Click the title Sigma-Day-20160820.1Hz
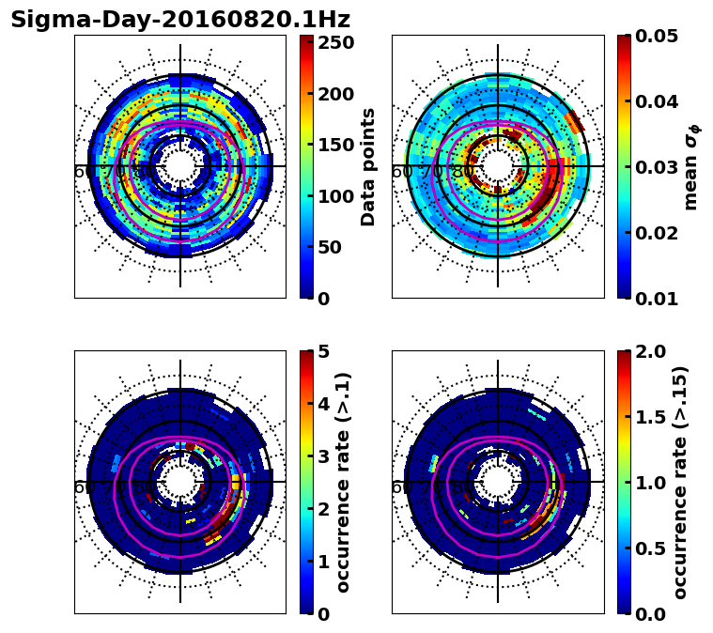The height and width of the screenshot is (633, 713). point(180,20)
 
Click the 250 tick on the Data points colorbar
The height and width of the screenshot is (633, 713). point(335,42)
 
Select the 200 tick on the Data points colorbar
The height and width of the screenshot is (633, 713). point(335,94)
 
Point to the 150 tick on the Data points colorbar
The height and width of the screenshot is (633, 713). point(335,146)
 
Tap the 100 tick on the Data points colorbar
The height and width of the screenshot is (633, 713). point(335,196)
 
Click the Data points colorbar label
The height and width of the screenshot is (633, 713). point(368,166)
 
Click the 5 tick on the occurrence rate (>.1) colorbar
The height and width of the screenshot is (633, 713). point(324,351)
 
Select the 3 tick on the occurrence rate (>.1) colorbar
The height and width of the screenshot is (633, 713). point(324,456)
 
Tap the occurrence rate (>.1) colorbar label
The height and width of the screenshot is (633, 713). point(344,482)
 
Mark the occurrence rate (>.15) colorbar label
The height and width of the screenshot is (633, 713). point(680,482)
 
